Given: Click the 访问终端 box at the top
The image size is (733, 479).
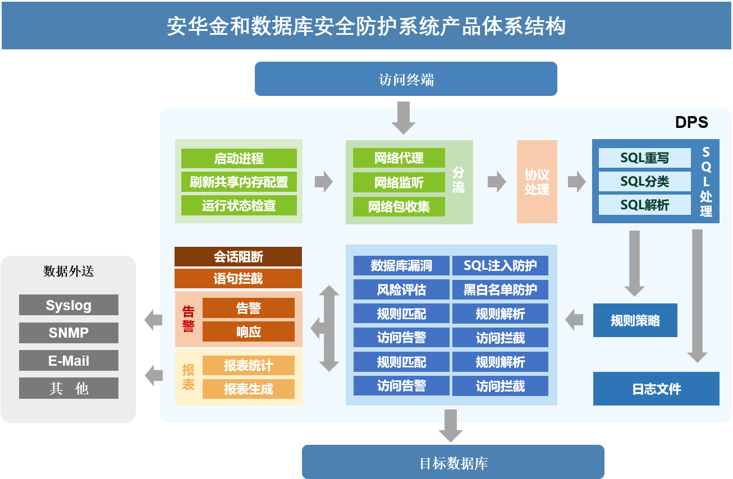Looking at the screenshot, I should point(406,79).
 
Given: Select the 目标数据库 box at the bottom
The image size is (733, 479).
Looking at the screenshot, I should point(453,462).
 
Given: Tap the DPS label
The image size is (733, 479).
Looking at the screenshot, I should point(691,122).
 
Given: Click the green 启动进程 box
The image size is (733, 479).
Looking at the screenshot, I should point(239,158).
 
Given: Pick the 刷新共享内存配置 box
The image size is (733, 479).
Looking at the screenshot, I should point(239,182).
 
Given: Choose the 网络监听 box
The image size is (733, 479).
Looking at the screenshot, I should point(398,182).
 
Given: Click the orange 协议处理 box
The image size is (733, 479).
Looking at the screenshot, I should point(537,182).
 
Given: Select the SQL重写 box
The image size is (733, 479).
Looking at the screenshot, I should point(644,158).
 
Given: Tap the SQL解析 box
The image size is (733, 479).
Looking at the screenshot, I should point(644,205).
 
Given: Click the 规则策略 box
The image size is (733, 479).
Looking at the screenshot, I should point(635,321).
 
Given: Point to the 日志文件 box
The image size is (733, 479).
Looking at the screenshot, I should point(656,389).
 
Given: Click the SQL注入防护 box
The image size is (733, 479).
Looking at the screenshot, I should point(500,266).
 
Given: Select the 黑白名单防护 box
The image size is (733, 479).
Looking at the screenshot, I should point(500,289).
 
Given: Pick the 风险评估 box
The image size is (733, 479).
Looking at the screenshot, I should point(401,289).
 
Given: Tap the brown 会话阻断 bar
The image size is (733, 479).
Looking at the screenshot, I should point(238,257).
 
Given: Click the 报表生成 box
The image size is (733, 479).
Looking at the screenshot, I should point(248,389).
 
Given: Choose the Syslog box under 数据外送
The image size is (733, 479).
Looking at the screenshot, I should point(68,305).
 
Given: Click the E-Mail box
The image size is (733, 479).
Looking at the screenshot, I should point(68,361).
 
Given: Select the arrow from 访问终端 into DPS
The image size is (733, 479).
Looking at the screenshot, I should point(403,117).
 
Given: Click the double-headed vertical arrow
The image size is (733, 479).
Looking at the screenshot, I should point(329,328).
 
